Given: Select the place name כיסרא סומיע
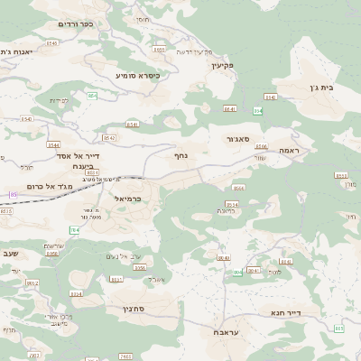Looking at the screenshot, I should pos(138,76).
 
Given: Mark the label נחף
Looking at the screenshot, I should pos(180,155).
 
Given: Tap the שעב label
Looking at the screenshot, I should pos(10,254).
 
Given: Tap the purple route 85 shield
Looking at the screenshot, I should pos(13,194).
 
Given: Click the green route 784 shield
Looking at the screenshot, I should pos(75,230).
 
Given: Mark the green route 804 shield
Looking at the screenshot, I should pos(236,272).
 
